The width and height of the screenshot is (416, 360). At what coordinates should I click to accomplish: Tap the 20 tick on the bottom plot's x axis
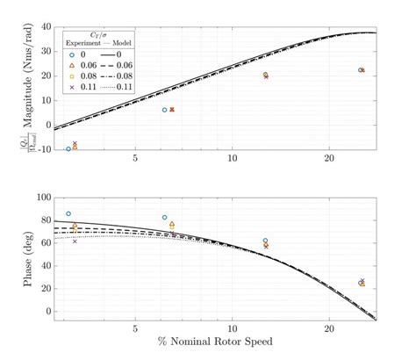[328, 329]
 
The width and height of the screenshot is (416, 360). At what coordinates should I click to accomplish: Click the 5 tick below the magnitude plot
[135, 159]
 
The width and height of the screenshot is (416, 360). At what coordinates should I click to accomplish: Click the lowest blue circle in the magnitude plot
[68, 148]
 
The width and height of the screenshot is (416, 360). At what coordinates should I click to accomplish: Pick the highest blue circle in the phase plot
[68, 213]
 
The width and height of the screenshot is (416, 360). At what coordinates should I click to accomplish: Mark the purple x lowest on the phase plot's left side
[75, 241]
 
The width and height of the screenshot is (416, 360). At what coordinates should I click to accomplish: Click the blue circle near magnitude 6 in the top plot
[164, 110]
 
